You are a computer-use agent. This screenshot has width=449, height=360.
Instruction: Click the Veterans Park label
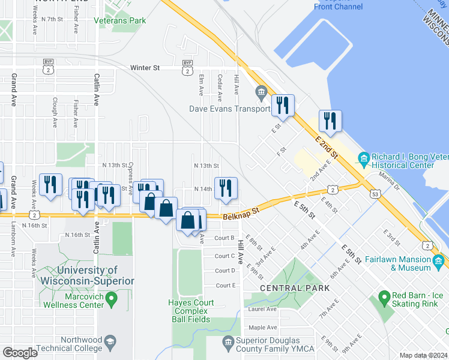(120, 20)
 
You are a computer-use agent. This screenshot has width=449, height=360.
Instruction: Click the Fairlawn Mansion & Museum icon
(438, 261)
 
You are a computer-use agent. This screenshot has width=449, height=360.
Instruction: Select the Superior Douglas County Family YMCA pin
(228, 343)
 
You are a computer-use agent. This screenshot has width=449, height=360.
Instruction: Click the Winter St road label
(145, 68)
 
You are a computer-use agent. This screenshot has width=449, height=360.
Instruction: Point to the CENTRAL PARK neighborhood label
(295, 288)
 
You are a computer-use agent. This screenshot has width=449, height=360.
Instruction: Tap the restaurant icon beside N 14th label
(226, 188)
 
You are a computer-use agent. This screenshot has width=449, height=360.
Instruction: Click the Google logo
(20, 352)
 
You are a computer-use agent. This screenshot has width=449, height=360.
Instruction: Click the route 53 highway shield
(375, 194)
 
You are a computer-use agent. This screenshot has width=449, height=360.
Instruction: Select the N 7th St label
(52, 20)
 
